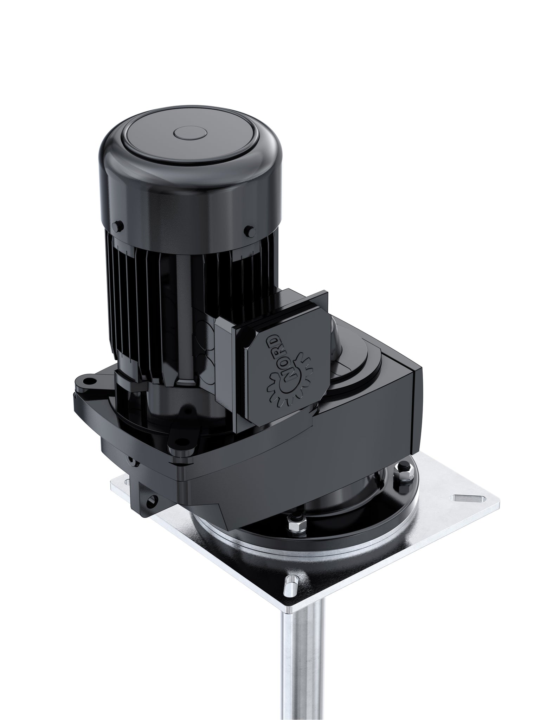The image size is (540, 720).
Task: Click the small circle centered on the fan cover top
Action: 190,135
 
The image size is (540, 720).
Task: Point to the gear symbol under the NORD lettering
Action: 281,390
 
